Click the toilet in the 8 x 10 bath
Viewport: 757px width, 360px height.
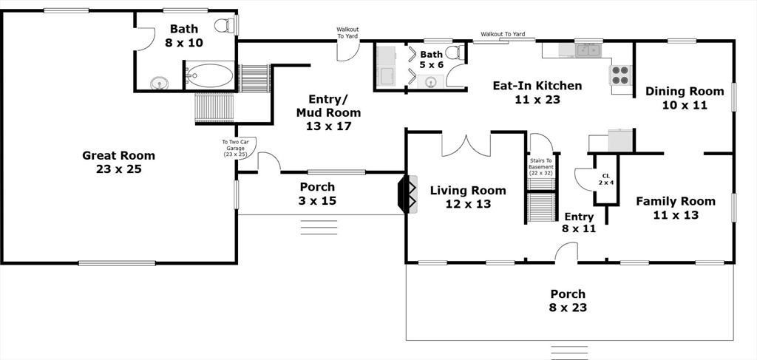tap(225, 25)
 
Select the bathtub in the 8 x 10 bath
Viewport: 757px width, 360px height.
tap(210, 75)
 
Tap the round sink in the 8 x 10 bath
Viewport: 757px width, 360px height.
tap(159, 84)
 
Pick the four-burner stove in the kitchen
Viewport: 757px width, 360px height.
tap(621, 75)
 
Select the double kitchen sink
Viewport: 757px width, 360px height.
tap(588, 50)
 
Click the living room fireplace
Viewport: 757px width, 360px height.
tap(407, 194)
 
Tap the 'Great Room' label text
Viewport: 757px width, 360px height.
tap(119, 155)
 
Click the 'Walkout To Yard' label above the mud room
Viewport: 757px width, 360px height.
tap(347, 33)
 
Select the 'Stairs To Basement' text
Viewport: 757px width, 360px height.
tap(540, 167)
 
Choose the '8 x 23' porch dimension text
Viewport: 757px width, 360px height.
tap(568, 307)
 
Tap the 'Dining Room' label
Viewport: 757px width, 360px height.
tap(685, 91)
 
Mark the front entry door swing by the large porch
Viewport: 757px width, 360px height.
tap(566, 252)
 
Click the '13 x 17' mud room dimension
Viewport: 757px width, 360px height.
tap(328, 126)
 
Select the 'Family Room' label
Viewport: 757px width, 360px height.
tap(676, 201)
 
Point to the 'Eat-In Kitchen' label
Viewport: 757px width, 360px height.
tap(537, 86)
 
